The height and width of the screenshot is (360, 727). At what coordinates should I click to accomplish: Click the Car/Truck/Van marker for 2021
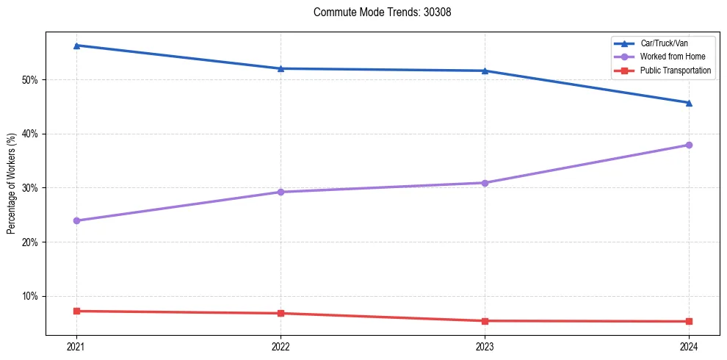76,46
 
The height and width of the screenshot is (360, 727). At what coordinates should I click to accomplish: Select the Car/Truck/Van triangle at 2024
689,103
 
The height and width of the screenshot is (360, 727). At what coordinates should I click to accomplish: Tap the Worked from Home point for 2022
281,192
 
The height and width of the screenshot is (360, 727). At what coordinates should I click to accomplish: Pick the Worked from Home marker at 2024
689,145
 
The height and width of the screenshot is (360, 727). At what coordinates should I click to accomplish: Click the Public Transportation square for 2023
485,321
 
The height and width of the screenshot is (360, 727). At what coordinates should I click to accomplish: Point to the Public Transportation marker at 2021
76,311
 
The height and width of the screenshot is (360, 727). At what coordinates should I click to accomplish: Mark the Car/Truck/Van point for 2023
485,71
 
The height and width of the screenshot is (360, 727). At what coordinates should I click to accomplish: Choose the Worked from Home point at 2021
76,220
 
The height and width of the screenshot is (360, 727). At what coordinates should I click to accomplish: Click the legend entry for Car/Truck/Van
663,44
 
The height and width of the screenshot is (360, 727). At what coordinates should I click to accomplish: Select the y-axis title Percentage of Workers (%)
12,184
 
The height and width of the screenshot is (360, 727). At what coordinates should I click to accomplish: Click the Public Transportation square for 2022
281,314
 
